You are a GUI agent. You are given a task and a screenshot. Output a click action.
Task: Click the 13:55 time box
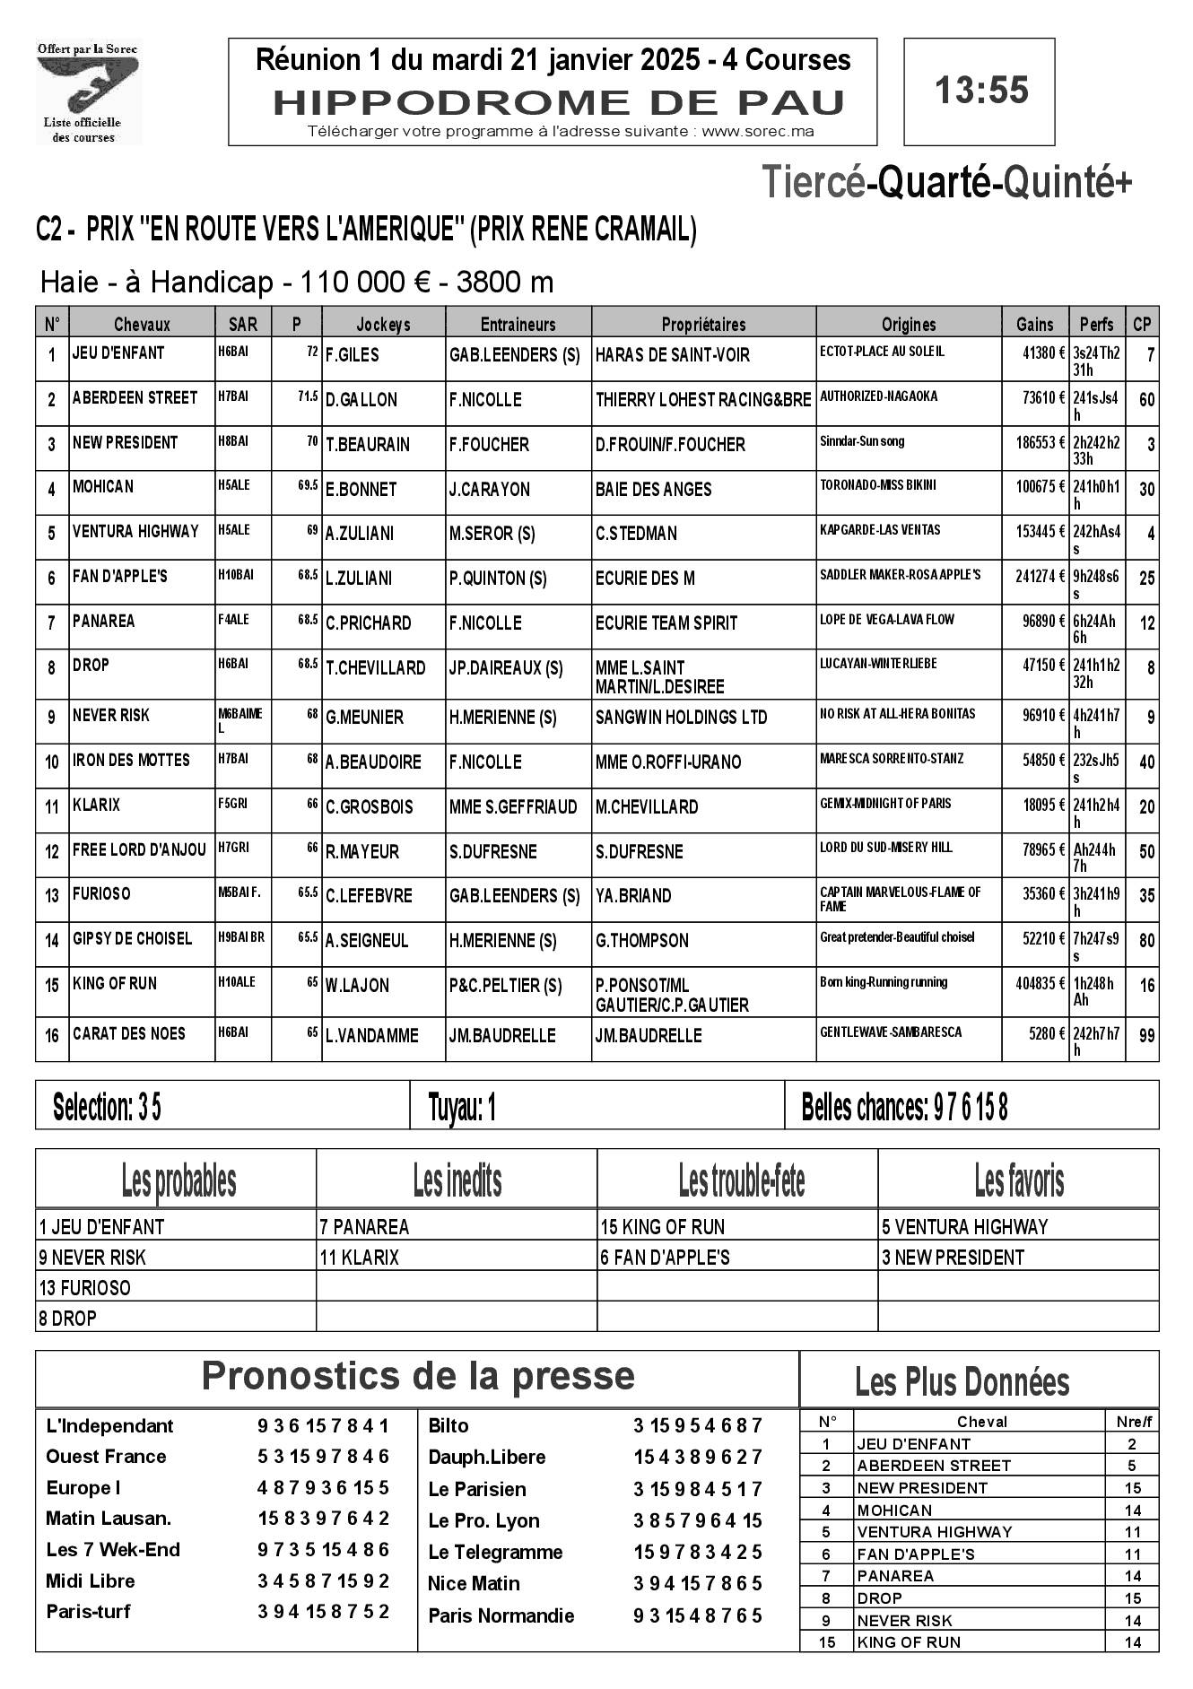pos(979,91)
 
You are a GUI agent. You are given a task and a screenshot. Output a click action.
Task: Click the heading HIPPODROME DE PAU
pos(559,103)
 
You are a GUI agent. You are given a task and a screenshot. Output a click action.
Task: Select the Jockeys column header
pos(383,324)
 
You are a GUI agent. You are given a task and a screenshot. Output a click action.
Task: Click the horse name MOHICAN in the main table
pos(103,486)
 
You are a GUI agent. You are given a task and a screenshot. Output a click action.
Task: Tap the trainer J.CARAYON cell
pos(490,490)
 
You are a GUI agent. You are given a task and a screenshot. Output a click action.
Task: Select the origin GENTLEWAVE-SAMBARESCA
pos(891,1032)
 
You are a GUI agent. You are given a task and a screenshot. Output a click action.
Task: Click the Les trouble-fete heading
pos(741,1181)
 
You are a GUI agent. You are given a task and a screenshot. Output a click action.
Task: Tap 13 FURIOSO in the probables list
pos(85,1288)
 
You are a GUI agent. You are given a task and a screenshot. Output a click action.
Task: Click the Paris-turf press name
pos(88,1611)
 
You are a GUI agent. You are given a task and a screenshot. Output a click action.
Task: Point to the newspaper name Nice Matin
pos(474,1583)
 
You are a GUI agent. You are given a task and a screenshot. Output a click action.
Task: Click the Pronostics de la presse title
pos(418,1375)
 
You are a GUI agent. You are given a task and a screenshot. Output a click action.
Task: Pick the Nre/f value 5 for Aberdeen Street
pos(1132,1466)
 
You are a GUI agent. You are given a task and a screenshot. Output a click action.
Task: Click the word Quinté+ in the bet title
pos(1067,183)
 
